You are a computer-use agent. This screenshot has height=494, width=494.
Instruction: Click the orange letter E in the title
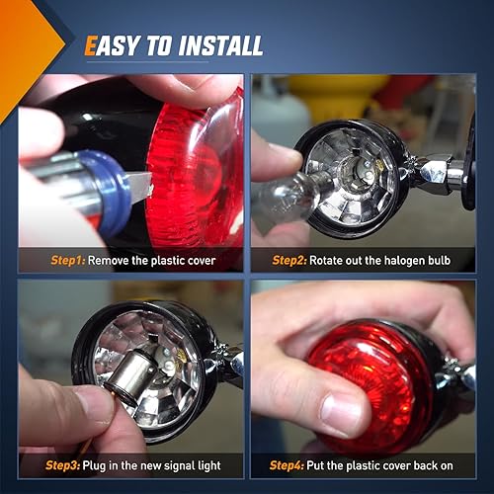[x=91, y=45]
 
